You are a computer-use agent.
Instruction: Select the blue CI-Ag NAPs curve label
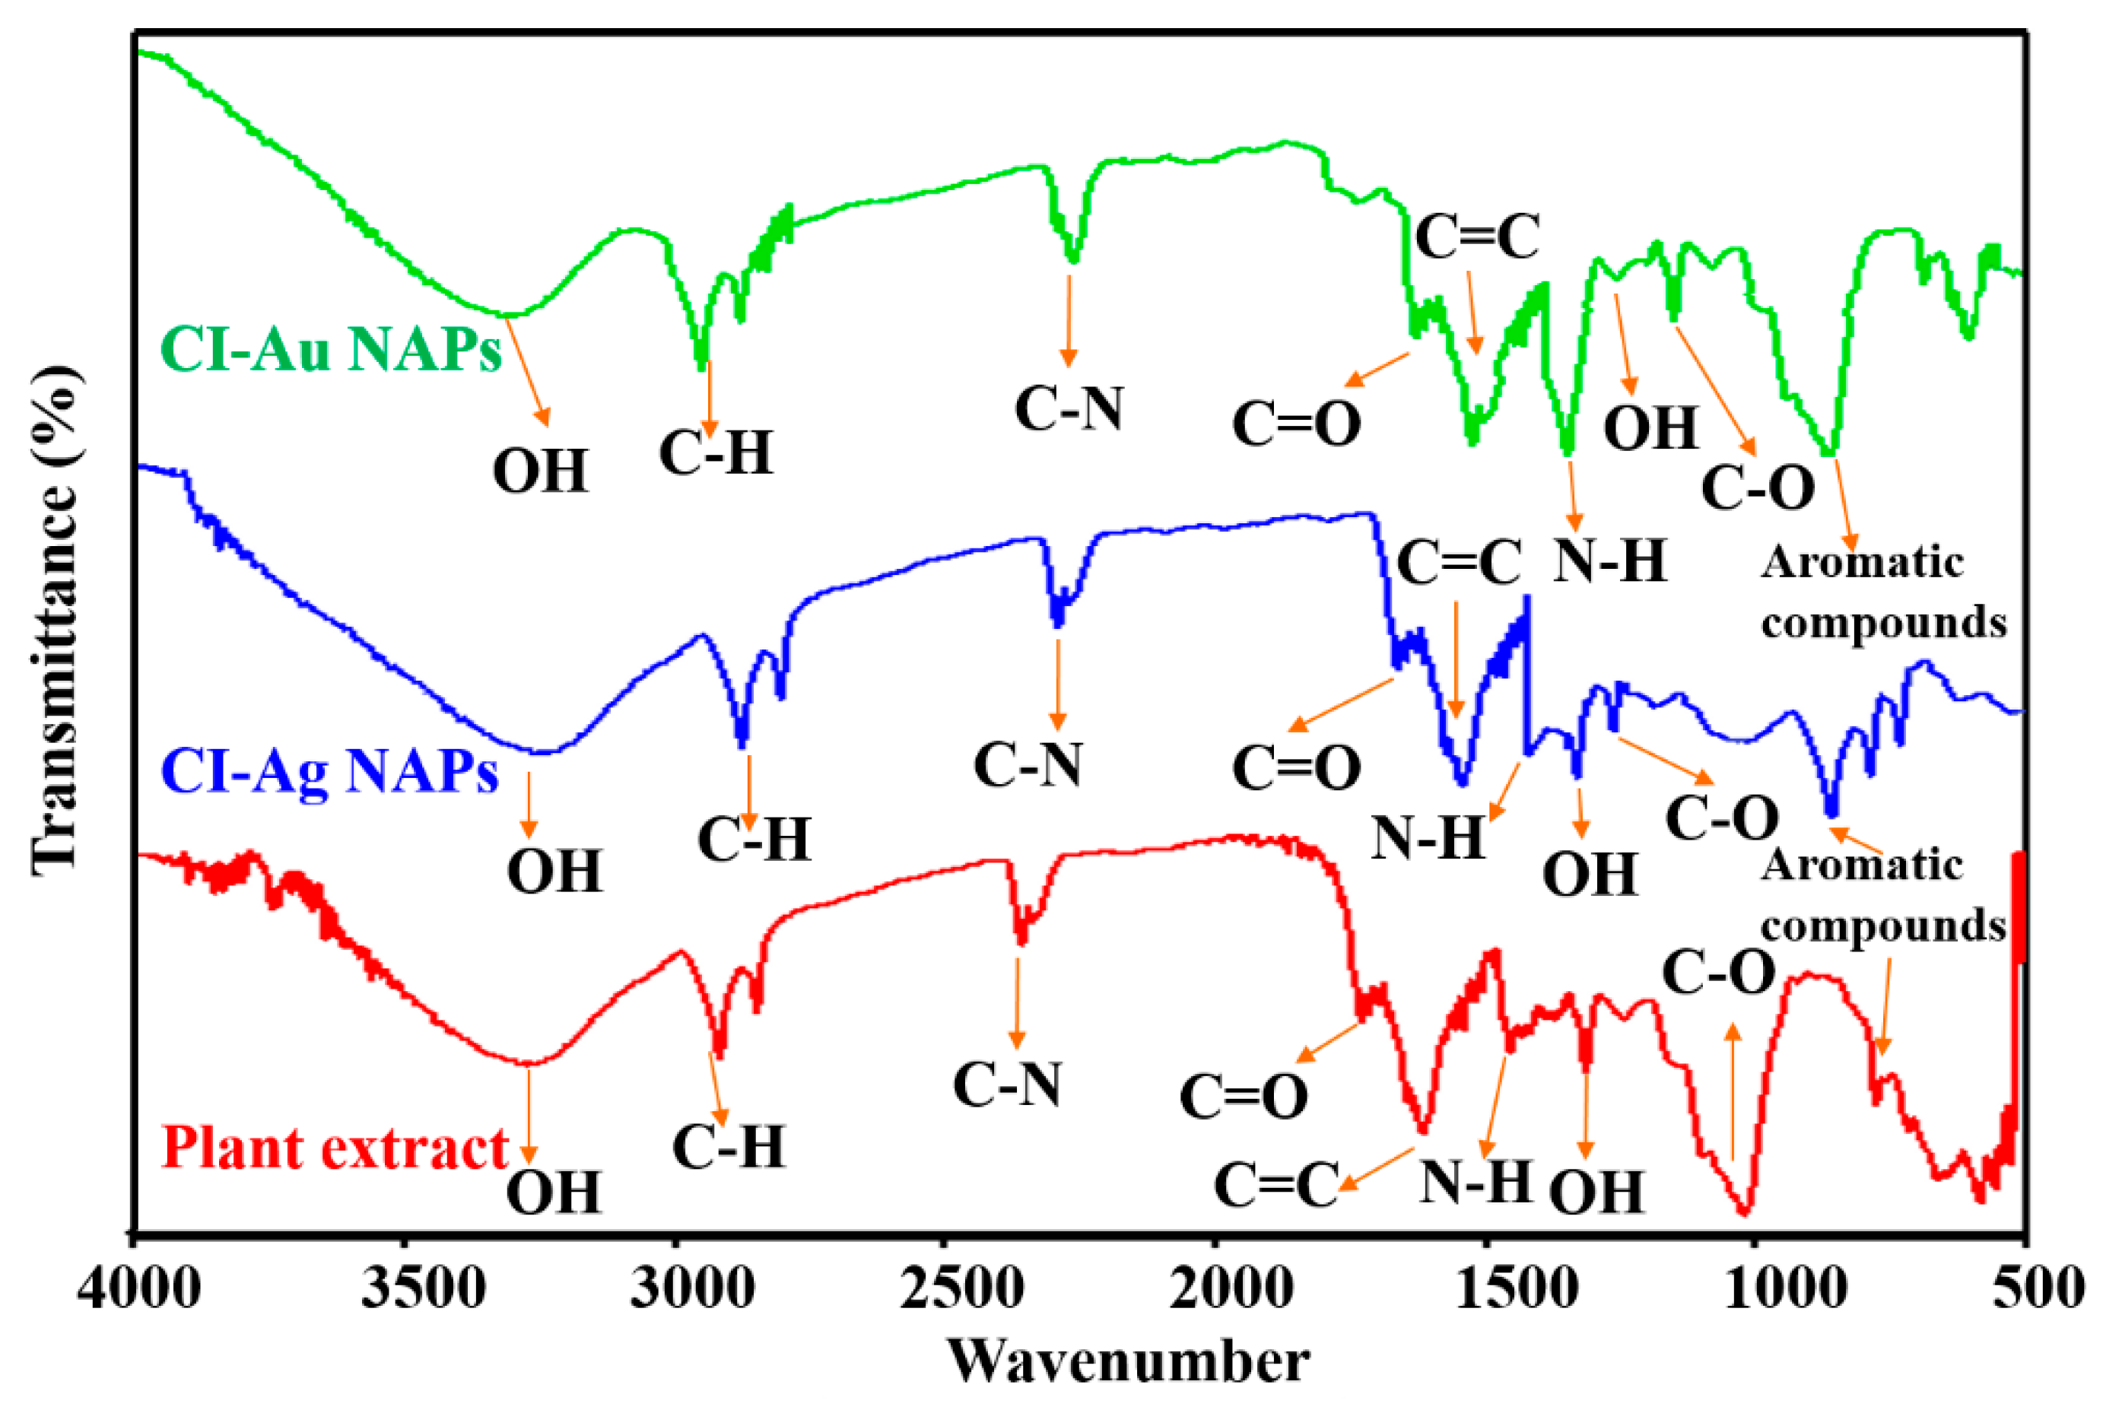pos(329,771)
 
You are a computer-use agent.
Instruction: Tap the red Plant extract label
pos(335,1148)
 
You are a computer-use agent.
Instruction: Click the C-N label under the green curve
pos(1069,409)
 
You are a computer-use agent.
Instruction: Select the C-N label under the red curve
pos(1007,1085)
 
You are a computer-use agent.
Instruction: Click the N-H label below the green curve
pos(1610,561)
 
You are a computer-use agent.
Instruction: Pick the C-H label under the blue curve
pos(754,840)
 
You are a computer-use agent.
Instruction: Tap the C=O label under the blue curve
pos(1295,768)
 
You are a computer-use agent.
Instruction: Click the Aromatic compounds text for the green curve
pos(1882,592)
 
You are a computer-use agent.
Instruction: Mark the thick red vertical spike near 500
pos(2019,908)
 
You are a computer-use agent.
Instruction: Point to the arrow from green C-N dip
pos(1068,320)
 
